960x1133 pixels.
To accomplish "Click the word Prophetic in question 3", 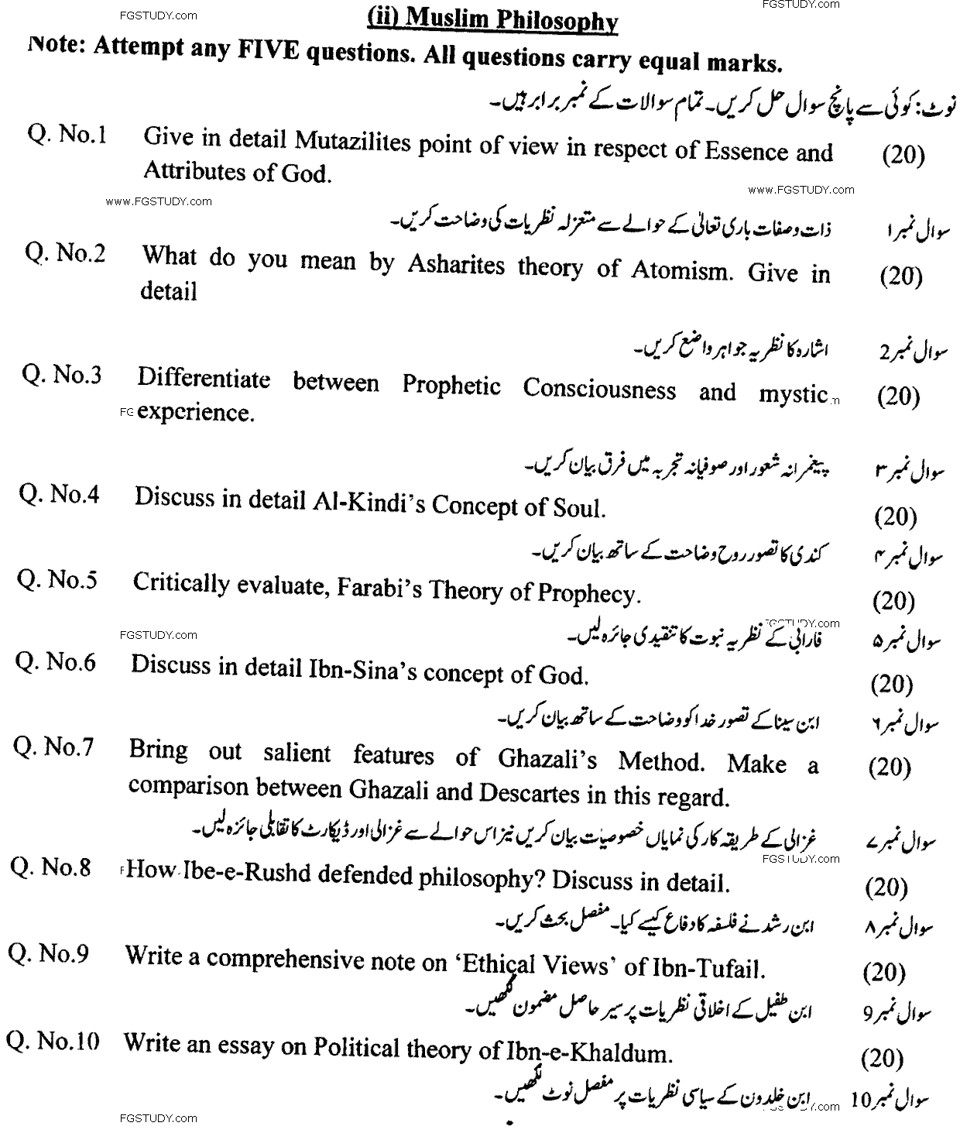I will (x=451, y=386).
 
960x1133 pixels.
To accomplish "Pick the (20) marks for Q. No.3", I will (x=899, y=397).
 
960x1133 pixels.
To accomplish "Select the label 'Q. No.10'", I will (x=53, y=1042).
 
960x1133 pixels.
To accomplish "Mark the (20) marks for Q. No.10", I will (x=882, y=1058).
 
